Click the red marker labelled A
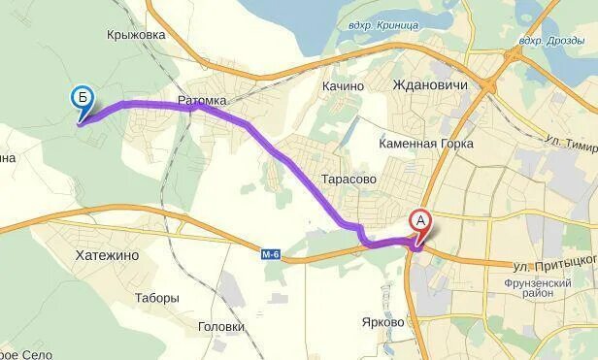pos(420,221)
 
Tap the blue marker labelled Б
pos(83,98)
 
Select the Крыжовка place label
pos(136,34)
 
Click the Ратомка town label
pos(202,100)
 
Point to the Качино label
pos(343,85)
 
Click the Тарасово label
pos(348,180)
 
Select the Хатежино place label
pos(107,254)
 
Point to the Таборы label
pos(157,298)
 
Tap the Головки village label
pos(220,326)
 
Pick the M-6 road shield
pos(271,254)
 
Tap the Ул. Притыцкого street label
pos(553,264)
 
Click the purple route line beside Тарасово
pos(309,183)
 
